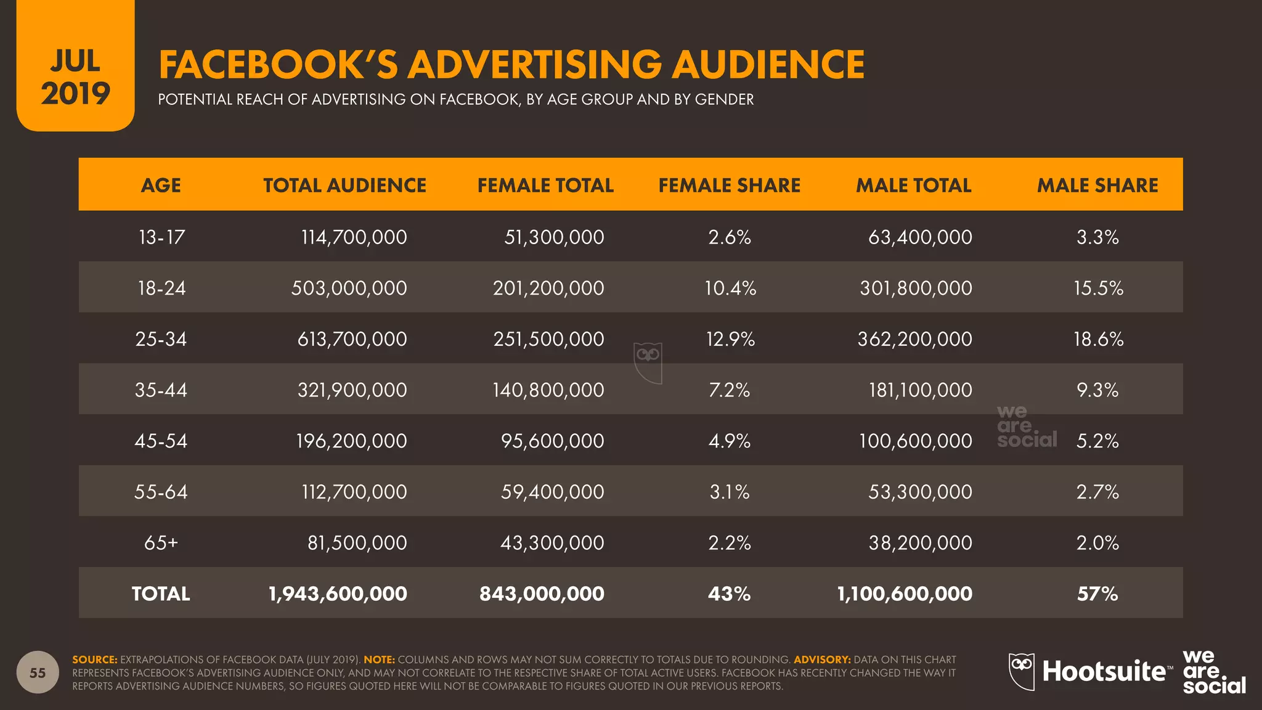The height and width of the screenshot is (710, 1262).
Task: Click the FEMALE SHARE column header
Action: [729, 185]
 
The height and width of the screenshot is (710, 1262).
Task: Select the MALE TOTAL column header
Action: [913, 185]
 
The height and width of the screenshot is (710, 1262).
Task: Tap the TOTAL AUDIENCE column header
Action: [344, 185]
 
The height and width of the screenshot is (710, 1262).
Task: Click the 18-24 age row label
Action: [161, 288]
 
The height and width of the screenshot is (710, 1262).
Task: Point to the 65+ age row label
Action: [161, 542]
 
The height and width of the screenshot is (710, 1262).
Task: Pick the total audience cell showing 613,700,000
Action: [352, 339]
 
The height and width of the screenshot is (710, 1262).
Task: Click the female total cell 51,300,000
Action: [554, 237]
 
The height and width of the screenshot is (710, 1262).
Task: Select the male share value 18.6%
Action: [1098, 339]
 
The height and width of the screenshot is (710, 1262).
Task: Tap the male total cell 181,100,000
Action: [920, 390]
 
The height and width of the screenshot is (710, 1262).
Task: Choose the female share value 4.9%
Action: [729, 441]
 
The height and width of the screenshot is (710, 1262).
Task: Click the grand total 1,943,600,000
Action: [338, 594]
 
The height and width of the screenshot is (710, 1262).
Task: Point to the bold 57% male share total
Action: [1097, 594]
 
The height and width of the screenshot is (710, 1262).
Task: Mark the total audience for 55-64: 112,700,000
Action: [354, 492]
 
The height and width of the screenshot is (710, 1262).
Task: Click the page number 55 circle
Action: [38, 672]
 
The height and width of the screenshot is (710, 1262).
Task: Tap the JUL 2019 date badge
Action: [75, 77]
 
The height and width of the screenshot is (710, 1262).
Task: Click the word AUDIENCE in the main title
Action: [768, 65]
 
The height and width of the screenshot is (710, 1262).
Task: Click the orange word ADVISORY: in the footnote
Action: [822, 659]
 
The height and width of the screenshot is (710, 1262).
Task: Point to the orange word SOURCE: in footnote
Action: [94, 659]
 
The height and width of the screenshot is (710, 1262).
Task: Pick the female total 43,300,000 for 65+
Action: [552, 542]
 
